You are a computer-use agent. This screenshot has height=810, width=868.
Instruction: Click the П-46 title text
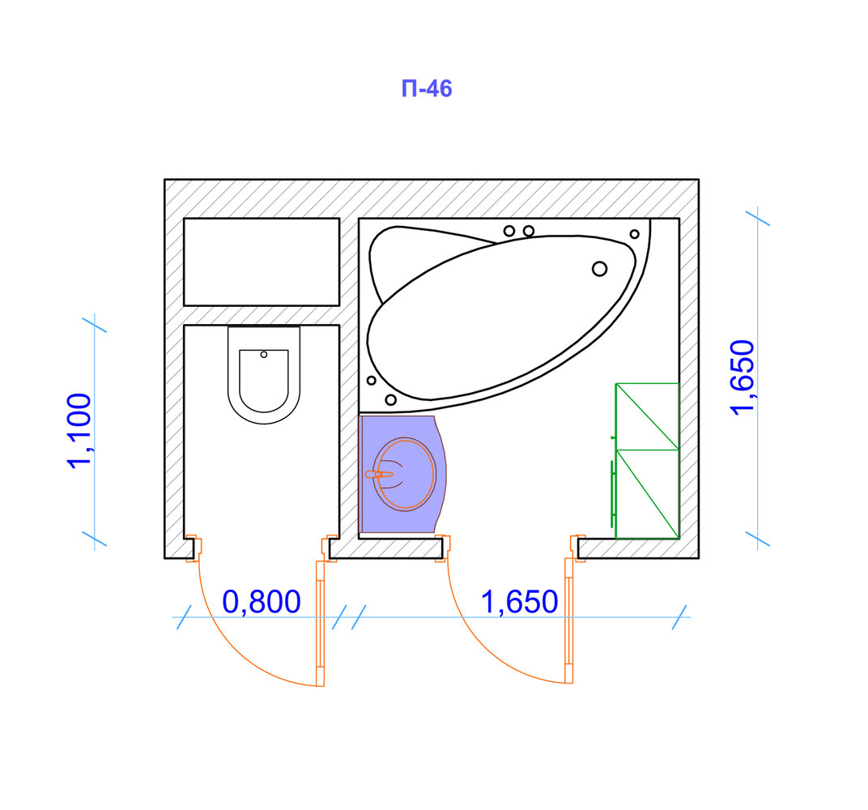(426, 88)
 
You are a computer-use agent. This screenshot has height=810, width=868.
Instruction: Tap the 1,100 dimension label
(79, 431)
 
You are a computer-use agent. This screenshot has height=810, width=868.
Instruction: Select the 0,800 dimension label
(262, 602)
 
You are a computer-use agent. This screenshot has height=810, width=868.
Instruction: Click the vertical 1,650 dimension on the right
(742, 377)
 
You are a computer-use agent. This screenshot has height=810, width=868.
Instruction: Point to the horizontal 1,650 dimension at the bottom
(519, 602)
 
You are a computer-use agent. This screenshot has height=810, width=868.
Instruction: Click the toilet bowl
(264, 375)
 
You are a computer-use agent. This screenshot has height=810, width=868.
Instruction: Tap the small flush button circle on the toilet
(264, 354)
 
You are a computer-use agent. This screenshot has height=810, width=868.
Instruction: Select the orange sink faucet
(379, 475)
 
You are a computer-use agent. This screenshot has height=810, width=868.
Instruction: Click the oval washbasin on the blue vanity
(405, 474)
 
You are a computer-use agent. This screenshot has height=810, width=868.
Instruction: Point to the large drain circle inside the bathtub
(599, 269)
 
